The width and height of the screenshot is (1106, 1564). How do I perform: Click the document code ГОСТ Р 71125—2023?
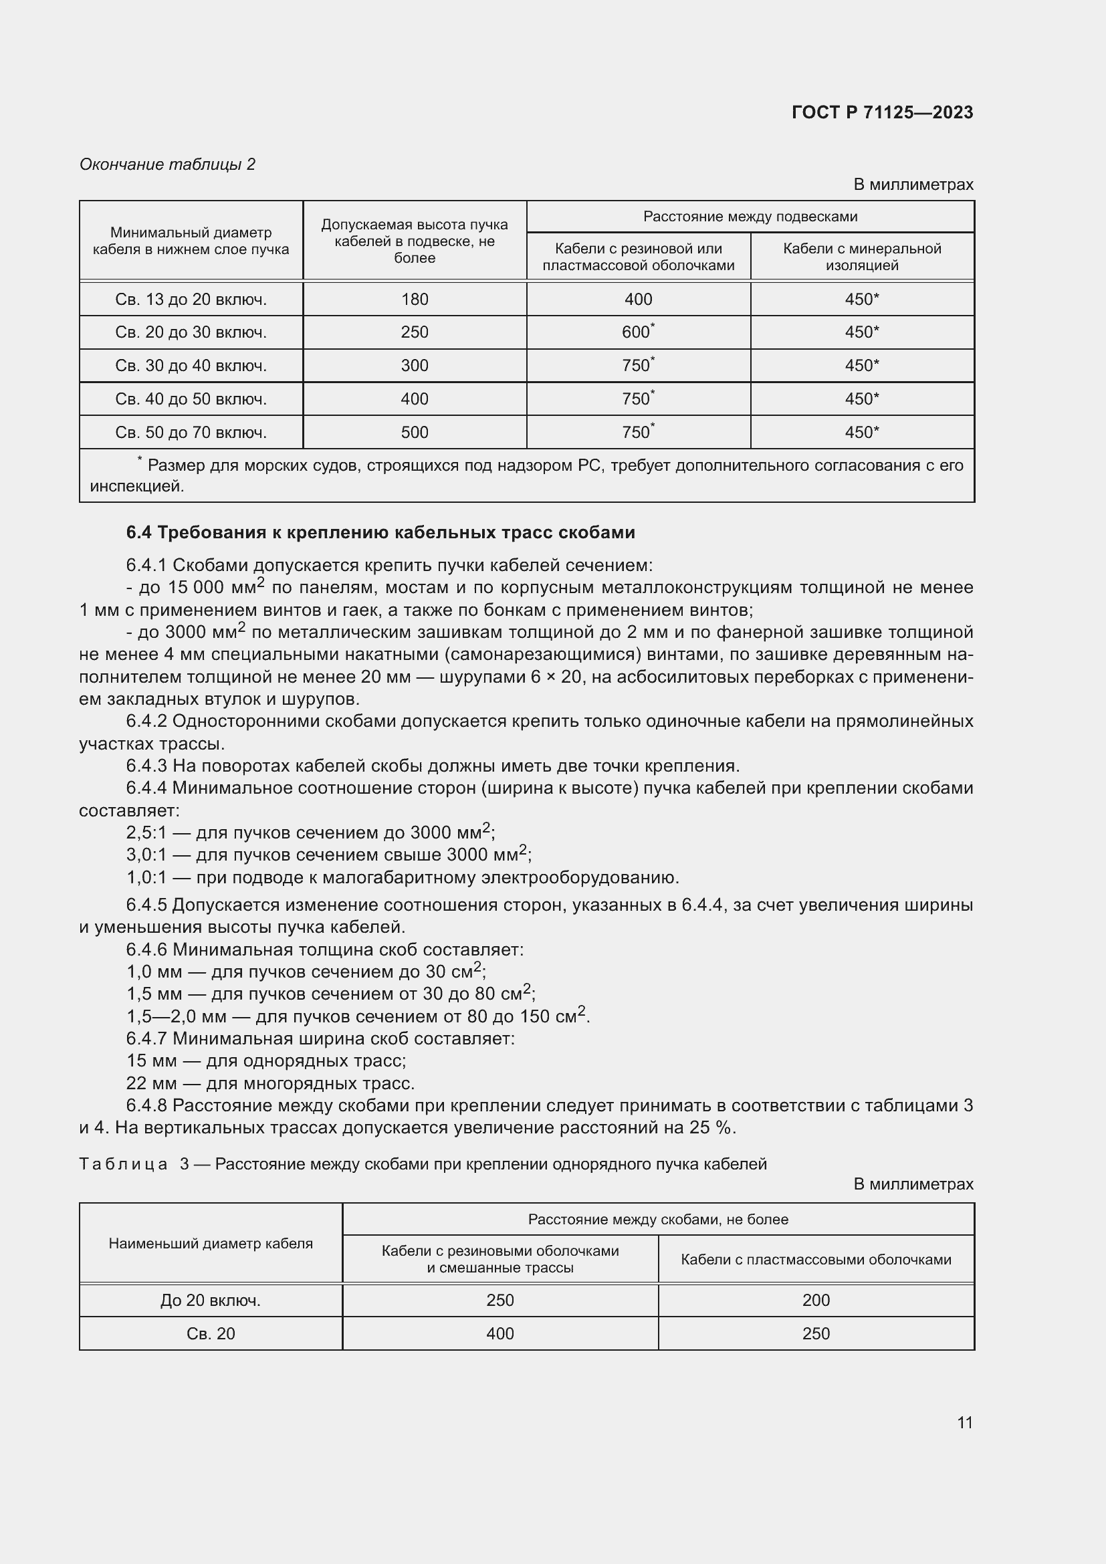coord(882,113)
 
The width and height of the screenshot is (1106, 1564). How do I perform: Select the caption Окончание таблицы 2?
coord(168,164)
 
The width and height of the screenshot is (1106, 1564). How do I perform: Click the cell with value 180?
coord(414,299)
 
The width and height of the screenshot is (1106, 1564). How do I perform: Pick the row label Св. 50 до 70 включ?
coord(191,433)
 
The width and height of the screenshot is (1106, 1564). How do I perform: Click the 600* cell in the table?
coord(637,332)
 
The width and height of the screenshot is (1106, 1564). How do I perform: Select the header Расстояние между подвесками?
coord(750,217)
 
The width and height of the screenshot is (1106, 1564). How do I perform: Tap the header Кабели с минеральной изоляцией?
coord(861,257)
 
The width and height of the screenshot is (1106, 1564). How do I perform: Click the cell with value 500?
coord(414,433)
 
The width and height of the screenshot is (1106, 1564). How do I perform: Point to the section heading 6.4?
coord(380,533)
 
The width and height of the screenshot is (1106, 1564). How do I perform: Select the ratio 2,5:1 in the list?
coord(146,833)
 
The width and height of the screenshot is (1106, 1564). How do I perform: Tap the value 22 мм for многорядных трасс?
coord(151,1084)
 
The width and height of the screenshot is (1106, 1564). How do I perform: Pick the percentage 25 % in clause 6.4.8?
coord(709,1128)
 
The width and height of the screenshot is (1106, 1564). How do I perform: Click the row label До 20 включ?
coord(211,1301)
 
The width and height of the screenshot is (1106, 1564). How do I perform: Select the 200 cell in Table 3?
coord(815,1301)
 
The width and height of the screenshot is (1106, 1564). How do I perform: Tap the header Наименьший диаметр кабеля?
coord(211,1244)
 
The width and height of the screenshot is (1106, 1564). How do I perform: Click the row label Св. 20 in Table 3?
coord(211,1334)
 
